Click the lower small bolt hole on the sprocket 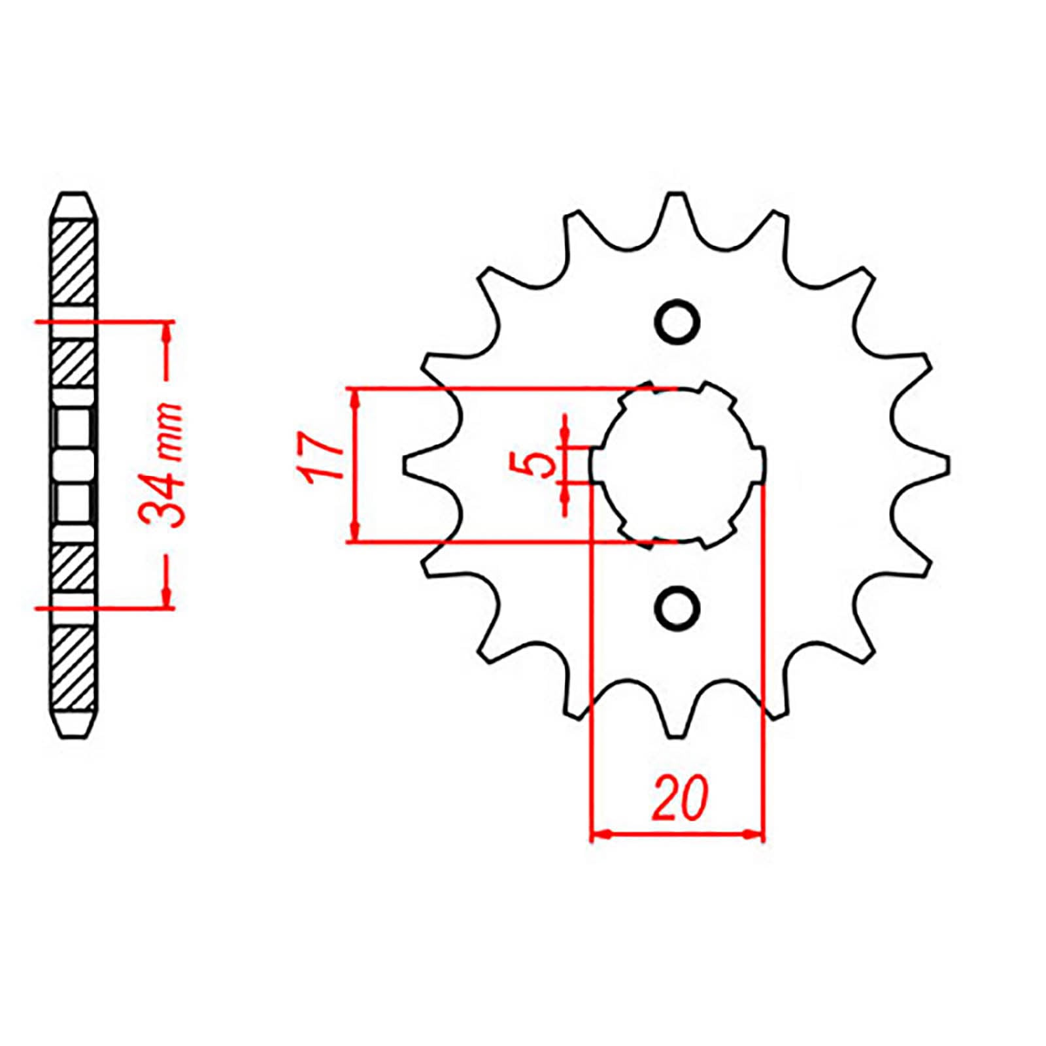(677, 609)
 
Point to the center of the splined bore (677, 465)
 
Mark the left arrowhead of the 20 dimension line (598, 834)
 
